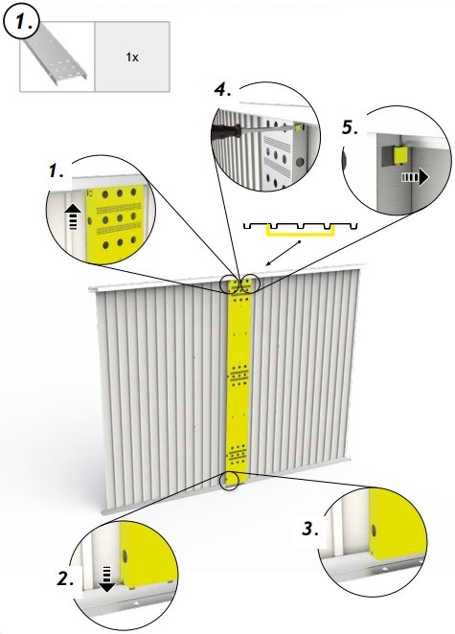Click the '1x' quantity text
pos(131,57)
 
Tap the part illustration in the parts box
pos(57,58)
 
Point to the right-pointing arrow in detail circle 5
pos(410,177)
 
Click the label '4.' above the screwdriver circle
pos(222,91)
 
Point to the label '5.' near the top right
pos(352,126)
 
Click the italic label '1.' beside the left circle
pos(56,170)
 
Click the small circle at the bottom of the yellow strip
pos(231,480)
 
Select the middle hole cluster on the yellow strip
pos(236,374)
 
